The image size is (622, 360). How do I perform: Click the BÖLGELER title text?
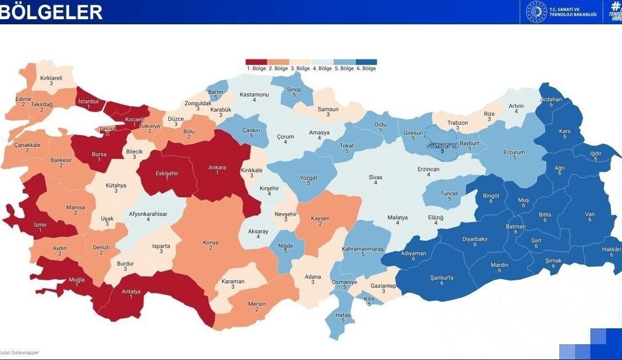tap(51, 12)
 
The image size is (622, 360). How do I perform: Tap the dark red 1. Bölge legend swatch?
tap(256, 62)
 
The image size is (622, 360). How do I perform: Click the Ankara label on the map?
tap(217, 167)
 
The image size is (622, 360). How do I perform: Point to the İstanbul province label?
tap(88, 101)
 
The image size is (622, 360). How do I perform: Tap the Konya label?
tap(210, 243)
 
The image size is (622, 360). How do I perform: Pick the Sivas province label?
tap(375, 177)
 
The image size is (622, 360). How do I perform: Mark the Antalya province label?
tap(131, 292)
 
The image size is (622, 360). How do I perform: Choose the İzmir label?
tap(40, 224)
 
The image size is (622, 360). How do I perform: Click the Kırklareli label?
tap(51, 79)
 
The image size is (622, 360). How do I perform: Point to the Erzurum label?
tap(515, 153)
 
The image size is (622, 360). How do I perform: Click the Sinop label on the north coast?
tap(294, 89)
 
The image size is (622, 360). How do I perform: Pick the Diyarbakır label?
tap(475, 239)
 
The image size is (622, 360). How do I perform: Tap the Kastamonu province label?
tap(254, 94)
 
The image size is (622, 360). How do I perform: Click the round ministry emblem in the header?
tap(535, 11)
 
